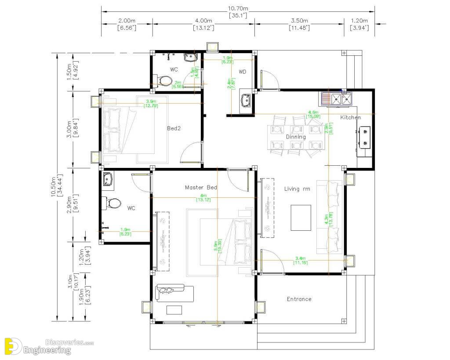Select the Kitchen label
click(350, 117)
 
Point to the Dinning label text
click(296, 137)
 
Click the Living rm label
click(298, 189)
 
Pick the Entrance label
click(299, 299)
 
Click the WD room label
click(242, 72)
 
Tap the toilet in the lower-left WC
click(113, 204)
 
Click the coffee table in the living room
click(301, 217)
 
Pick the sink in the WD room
click(245, 101)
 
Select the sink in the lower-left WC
click(108, 179)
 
